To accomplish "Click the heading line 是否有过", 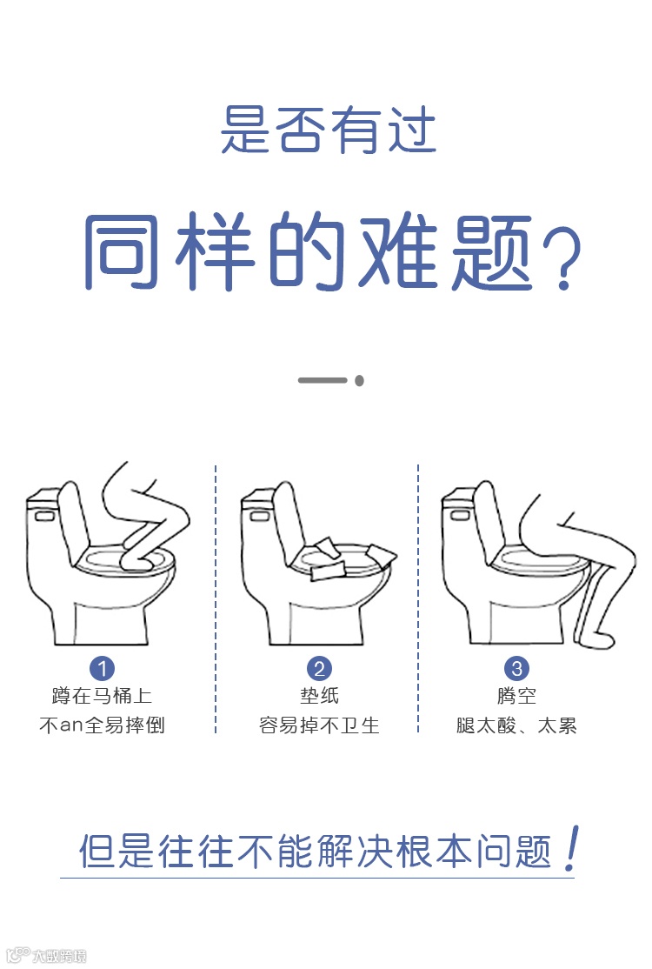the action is pos(329,130).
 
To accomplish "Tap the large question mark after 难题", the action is pos(562,257).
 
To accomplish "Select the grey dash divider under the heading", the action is pos(323,380).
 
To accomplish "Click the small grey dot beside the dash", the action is pos(359,380).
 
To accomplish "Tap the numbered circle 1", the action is pos(102,668).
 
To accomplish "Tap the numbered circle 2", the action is pos(319,668).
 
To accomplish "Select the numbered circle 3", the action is pos(516,668).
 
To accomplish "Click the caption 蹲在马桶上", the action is pos(102,696).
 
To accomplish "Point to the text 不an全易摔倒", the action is pos(102,725).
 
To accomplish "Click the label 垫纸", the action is pos(319,696).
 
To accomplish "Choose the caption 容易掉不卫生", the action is pos(319,725).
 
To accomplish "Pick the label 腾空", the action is pos(516,696).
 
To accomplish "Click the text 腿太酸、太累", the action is pos(516,725).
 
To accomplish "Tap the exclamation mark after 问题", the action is pos(572,848).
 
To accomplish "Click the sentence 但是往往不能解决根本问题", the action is pos(315,852).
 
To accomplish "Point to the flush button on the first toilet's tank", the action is pos(44,515).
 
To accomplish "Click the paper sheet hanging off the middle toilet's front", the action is pos(325,571).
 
